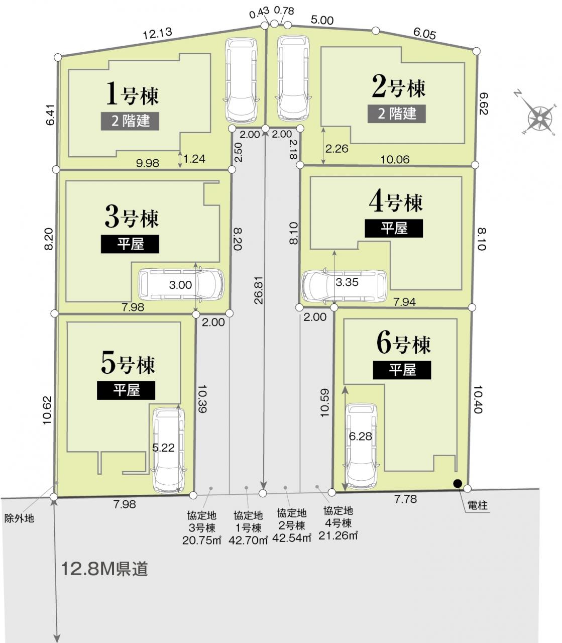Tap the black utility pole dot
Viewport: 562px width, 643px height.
tap(458, 483)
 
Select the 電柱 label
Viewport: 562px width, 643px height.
tap(478, 505)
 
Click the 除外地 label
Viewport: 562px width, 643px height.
tap(19, 518)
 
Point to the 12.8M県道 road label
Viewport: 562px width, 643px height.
tap(104, 569)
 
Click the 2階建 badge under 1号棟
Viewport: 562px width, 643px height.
tap(130, 121)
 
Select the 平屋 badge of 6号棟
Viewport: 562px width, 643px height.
tap(402, 370)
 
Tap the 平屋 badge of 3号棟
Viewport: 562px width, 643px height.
tap(130, 244)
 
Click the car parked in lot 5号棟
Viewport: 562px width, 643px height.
tap(168, 451)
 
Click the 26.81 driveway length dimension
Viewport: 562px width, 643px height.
tap(259, 292)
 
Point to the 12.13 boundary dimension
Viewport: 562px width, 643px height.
tap(158, 34)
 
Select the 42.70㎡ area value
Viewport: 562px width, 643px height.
tap(248, 540)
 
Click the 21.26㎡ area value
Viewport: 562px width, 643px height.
tap(338, 535)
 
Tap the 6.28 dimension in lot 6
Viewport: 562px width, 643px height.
tap(360, 436)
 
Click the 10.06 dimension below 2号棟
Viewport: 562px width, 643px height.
tap(395, 160)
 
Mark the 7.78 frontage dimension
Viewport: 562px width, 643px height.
tap(406, 499)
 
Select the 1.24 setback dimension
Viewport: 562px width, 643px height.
tap(194, 159)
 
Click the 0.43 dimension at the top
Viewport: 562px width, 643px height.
tap(259, 13)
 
